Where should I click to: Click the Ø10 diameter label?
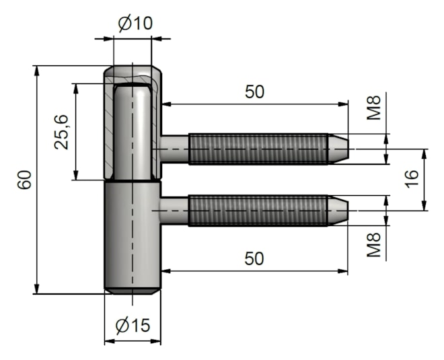click(135, 23)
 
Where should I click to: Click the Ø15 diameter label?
click(133, 326)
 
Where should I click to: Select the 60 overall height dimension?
click(25, 180)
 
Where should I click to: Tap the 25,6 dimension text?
click(62, 131)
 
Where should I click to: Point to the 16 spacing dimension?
click(412, 178)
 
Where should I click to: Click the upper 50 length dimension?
click(254, 92)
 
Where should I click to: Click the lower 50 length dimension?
click(254, 258)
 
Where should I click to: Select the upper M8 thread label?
click(374, 108)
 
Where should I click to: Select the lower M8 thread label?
click(374, 246)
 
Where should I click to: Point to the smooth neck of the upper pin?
click(175, 149)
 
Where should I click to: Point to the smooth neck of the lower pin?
click(175, 210)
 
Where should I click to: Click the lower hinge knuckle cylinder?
click(132, 236)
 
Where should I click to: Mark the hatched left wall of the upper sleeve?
click(108, 128)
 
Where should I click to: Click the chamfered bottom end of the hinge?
click(132, 290)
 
